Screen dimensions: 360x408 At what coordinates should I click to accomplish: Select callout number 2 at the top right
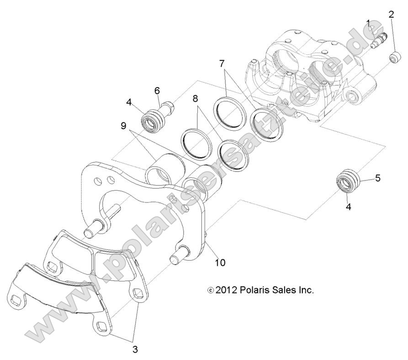[391, 14]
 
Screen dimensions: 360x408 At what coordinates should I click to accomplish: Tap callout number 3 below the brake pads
[135, 349]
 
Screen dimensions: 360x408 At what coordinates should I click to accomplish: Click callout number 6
[157, 91]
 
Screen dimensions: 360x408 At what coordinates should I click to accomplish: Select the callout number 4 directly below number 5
[349, 206]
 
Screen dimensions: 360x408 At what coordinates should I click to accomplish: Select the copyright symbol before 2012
[210, 290]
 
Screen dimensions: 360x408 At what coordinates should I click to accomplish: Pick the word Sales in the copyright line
[286, 290]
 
